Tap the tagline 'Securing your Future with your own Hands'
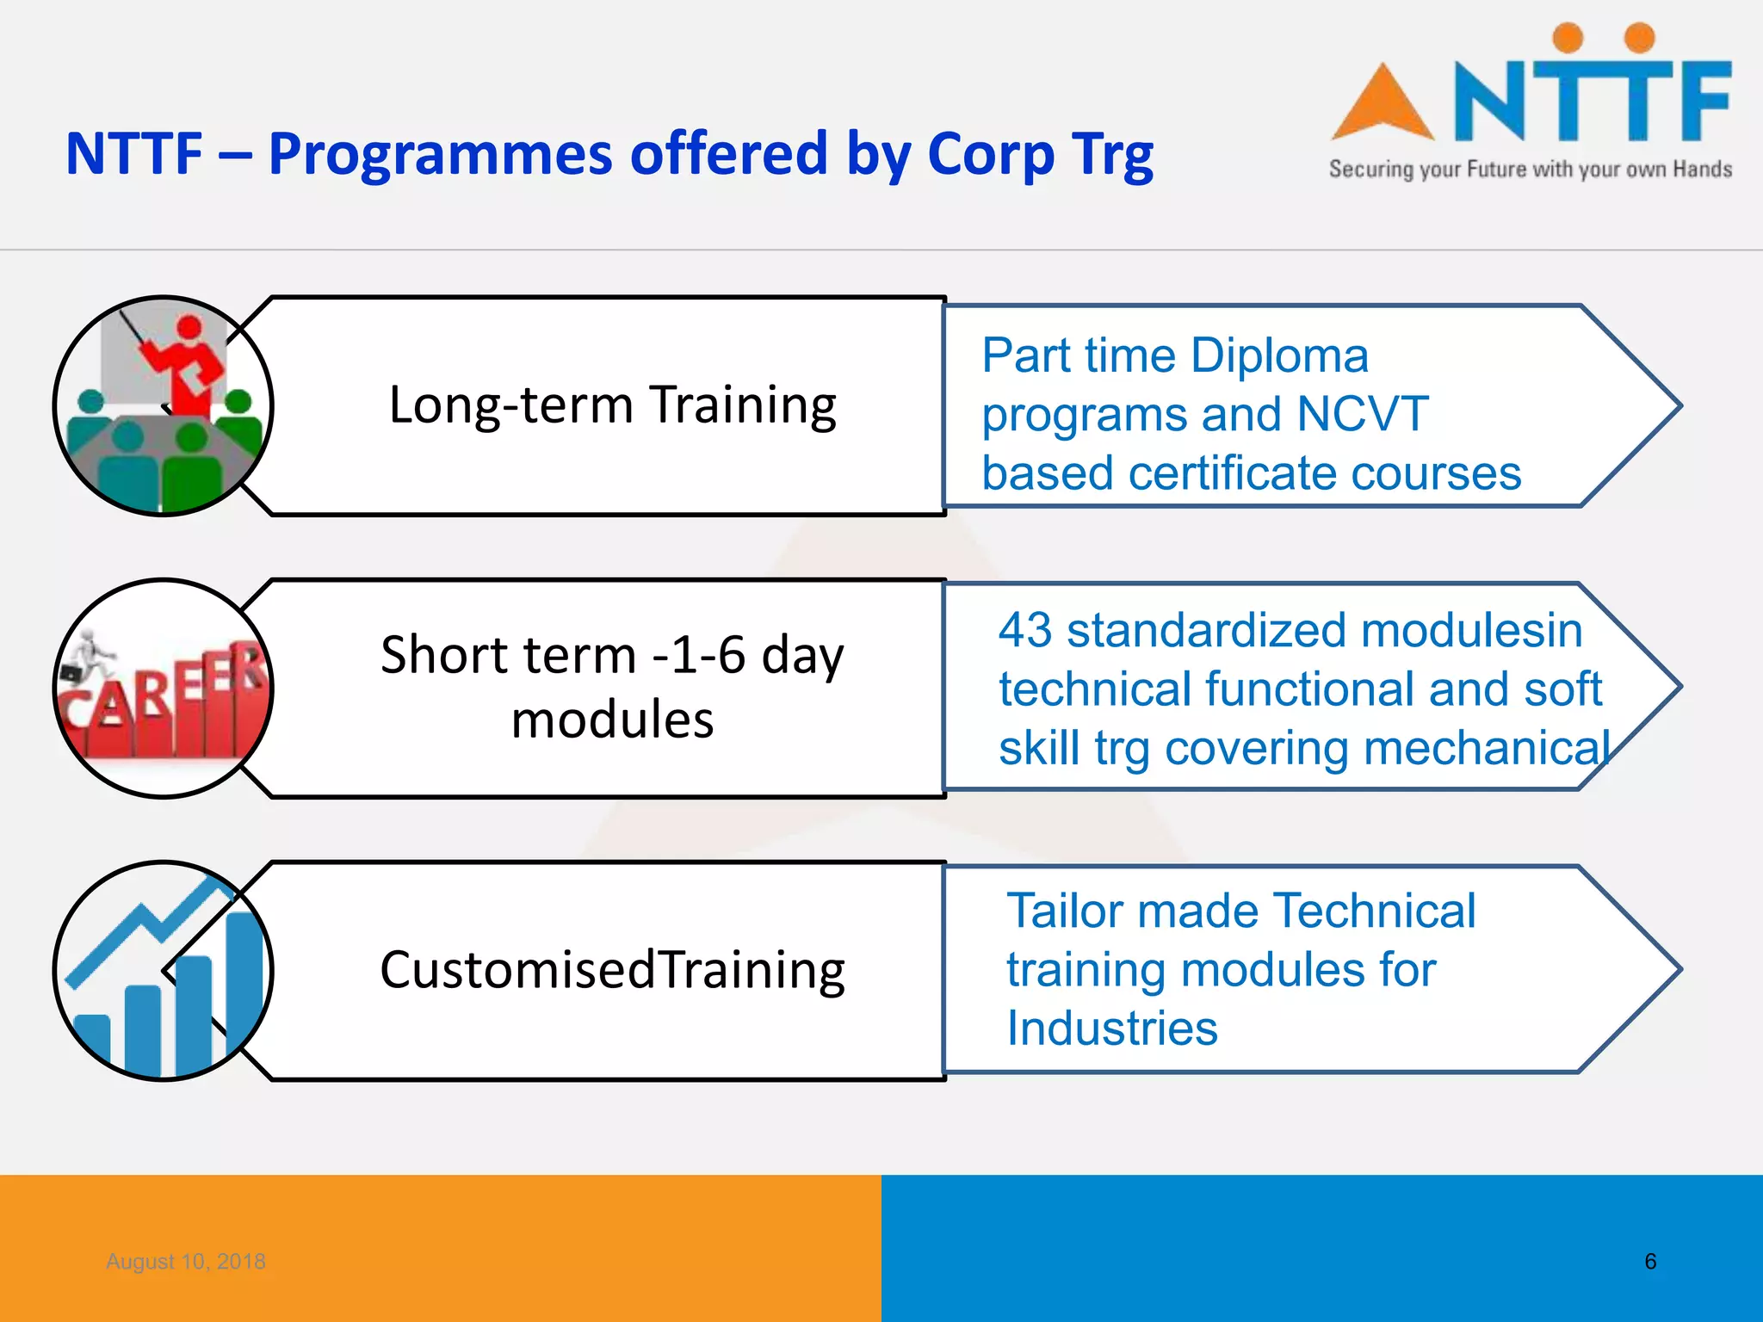1530,169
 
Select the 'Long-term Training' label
612,405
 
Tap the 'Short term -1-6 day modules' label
612,686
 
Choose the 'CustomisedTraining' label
612,970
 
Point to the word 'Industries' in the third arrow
1112,1028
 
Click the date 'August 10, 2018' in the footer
186,1261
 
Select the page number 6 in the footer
1649,1261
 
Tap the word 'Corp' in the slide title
990,155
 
